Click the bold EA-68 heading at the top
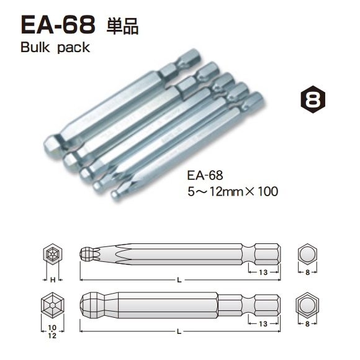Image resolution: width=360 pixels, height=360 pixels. click(x=58, y=25)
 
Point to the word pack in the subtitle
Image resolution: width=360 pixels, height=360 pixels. click(x=73, y=48)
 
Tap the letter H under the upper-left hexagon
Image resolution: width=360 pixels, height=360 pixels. click(x=53, y=281)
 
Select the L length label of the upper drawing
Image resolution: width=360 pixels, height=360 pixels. click(x=179, y=281)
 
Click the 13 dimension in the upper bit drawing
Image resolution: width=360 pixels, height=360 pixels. click(x=263, y=272)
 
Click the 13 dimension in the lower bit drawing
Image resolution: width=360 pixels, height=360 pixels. click(x=263, y=324)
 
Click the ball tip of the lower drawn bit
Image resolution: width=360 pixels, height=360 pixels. click(x=91, y=306)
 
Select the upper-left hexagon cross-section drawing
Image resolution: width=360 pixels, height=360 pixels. click(x=53, y=255)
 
